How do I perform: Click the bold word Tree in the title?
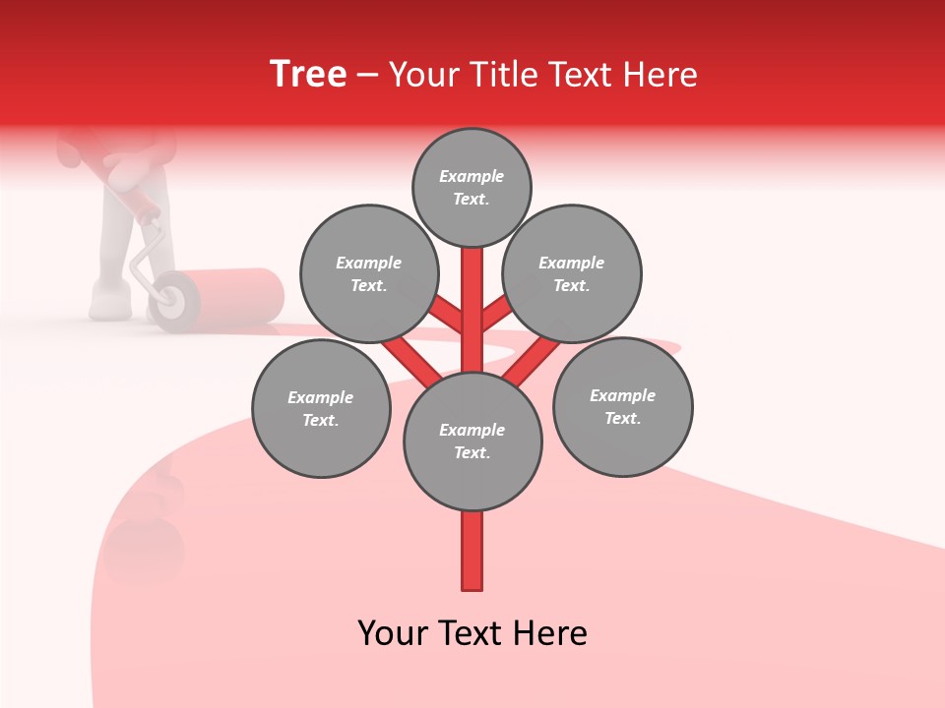(x=308, y=75)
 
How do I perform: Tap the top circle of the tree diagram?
(x=472, y=187)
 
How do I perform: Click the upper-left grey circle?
(x=369, y=273)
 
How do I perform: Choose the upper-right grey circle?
(x=572, y=273)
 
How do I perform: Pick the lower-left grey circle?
(x=321, y=408)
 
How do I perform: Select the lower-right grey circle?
(x=622, y=406)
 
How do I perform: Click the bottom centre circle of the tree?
(x=472, y=442)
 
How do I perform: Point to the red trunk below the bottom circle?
(x=472, y=551)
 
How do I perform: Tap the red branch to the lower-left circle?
(x=411, y=359)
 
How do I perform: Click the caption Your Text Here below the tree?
(x=472, y=633)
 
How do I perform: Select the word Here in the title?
(x=660, y=75)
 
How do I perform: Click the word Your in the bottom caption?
(x=392, y=633)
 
